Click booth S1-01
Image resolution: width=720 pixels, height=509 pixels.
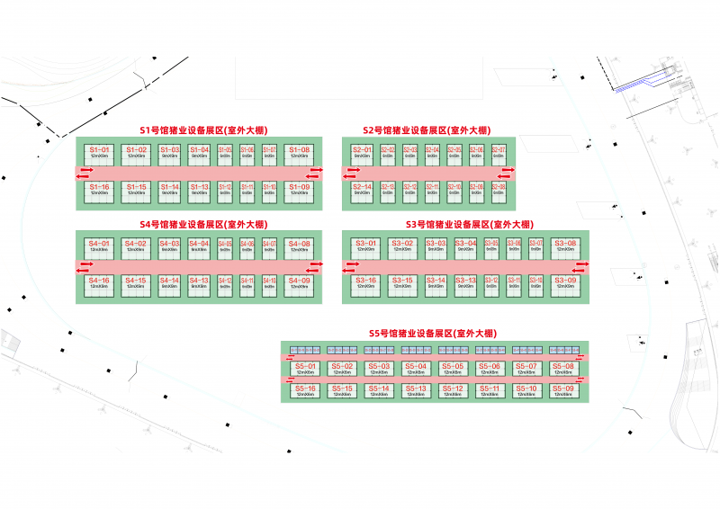point(99,152)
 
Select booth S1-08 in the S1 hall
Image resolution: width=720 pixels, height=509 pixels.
point(300,152)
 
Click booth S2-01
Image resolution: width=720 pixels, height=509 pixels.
point(363,152)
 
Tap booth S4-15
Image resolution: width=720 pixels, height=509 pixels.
point(136,283)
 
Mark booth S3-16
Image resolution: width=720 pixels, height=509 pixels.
point(366,283)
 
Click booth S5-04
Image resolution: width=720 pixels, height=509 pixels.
point(415,369)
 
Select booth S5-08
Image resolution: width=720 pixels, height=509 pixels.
point(562,369)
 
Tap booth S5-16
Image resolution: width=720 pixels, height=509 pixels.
point(303,391)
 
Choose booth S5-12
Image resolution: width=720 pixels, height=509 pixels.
point(452,391)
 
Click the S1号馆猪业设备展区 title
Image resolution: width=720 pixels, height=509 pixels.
point(202,129)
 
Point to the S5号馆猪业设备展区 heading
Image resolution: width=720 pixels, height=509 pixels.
point(432,333)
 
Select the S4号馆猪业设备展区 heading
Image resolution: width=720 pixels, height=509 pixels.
point(202,223)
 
